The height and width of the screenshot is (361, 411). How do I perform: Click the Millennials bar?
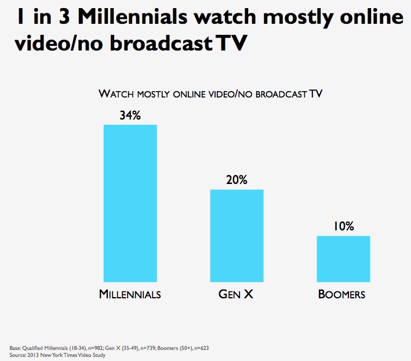point(130,203)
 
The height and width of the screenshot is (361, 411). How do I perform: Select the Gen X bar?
point(237,236)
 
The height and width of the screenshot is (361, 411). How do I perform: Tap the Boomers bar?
point(343,259)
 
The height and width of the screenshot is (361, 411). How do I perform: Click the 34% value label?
point(130,115)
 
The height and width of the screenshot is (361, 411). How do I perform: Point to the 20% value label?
point(237,180)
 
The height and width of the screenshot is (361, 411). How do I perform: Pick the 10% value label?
point(343,226)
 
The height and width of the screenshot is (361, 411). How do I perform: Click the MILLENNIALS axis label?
point(130,294)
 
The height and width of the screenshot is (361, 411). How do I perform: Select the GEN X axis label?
point(236,294)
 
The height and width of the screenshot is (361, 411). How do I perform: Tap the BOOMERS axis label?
point(342,294)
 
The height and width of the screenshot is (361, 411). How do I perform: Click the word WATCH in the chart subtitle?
point(115,93)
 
